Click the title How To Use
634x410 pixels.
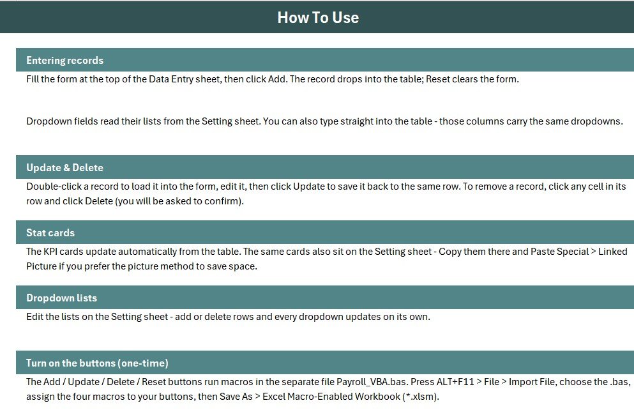318,17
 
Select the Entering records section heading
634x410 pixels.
64,60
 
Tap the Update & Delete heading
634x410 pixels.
64,167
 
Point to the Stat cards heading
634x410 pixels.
50,232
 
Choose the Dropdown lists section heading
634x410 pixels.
61,298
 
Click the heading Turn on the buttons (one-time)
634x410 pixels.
97,363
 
